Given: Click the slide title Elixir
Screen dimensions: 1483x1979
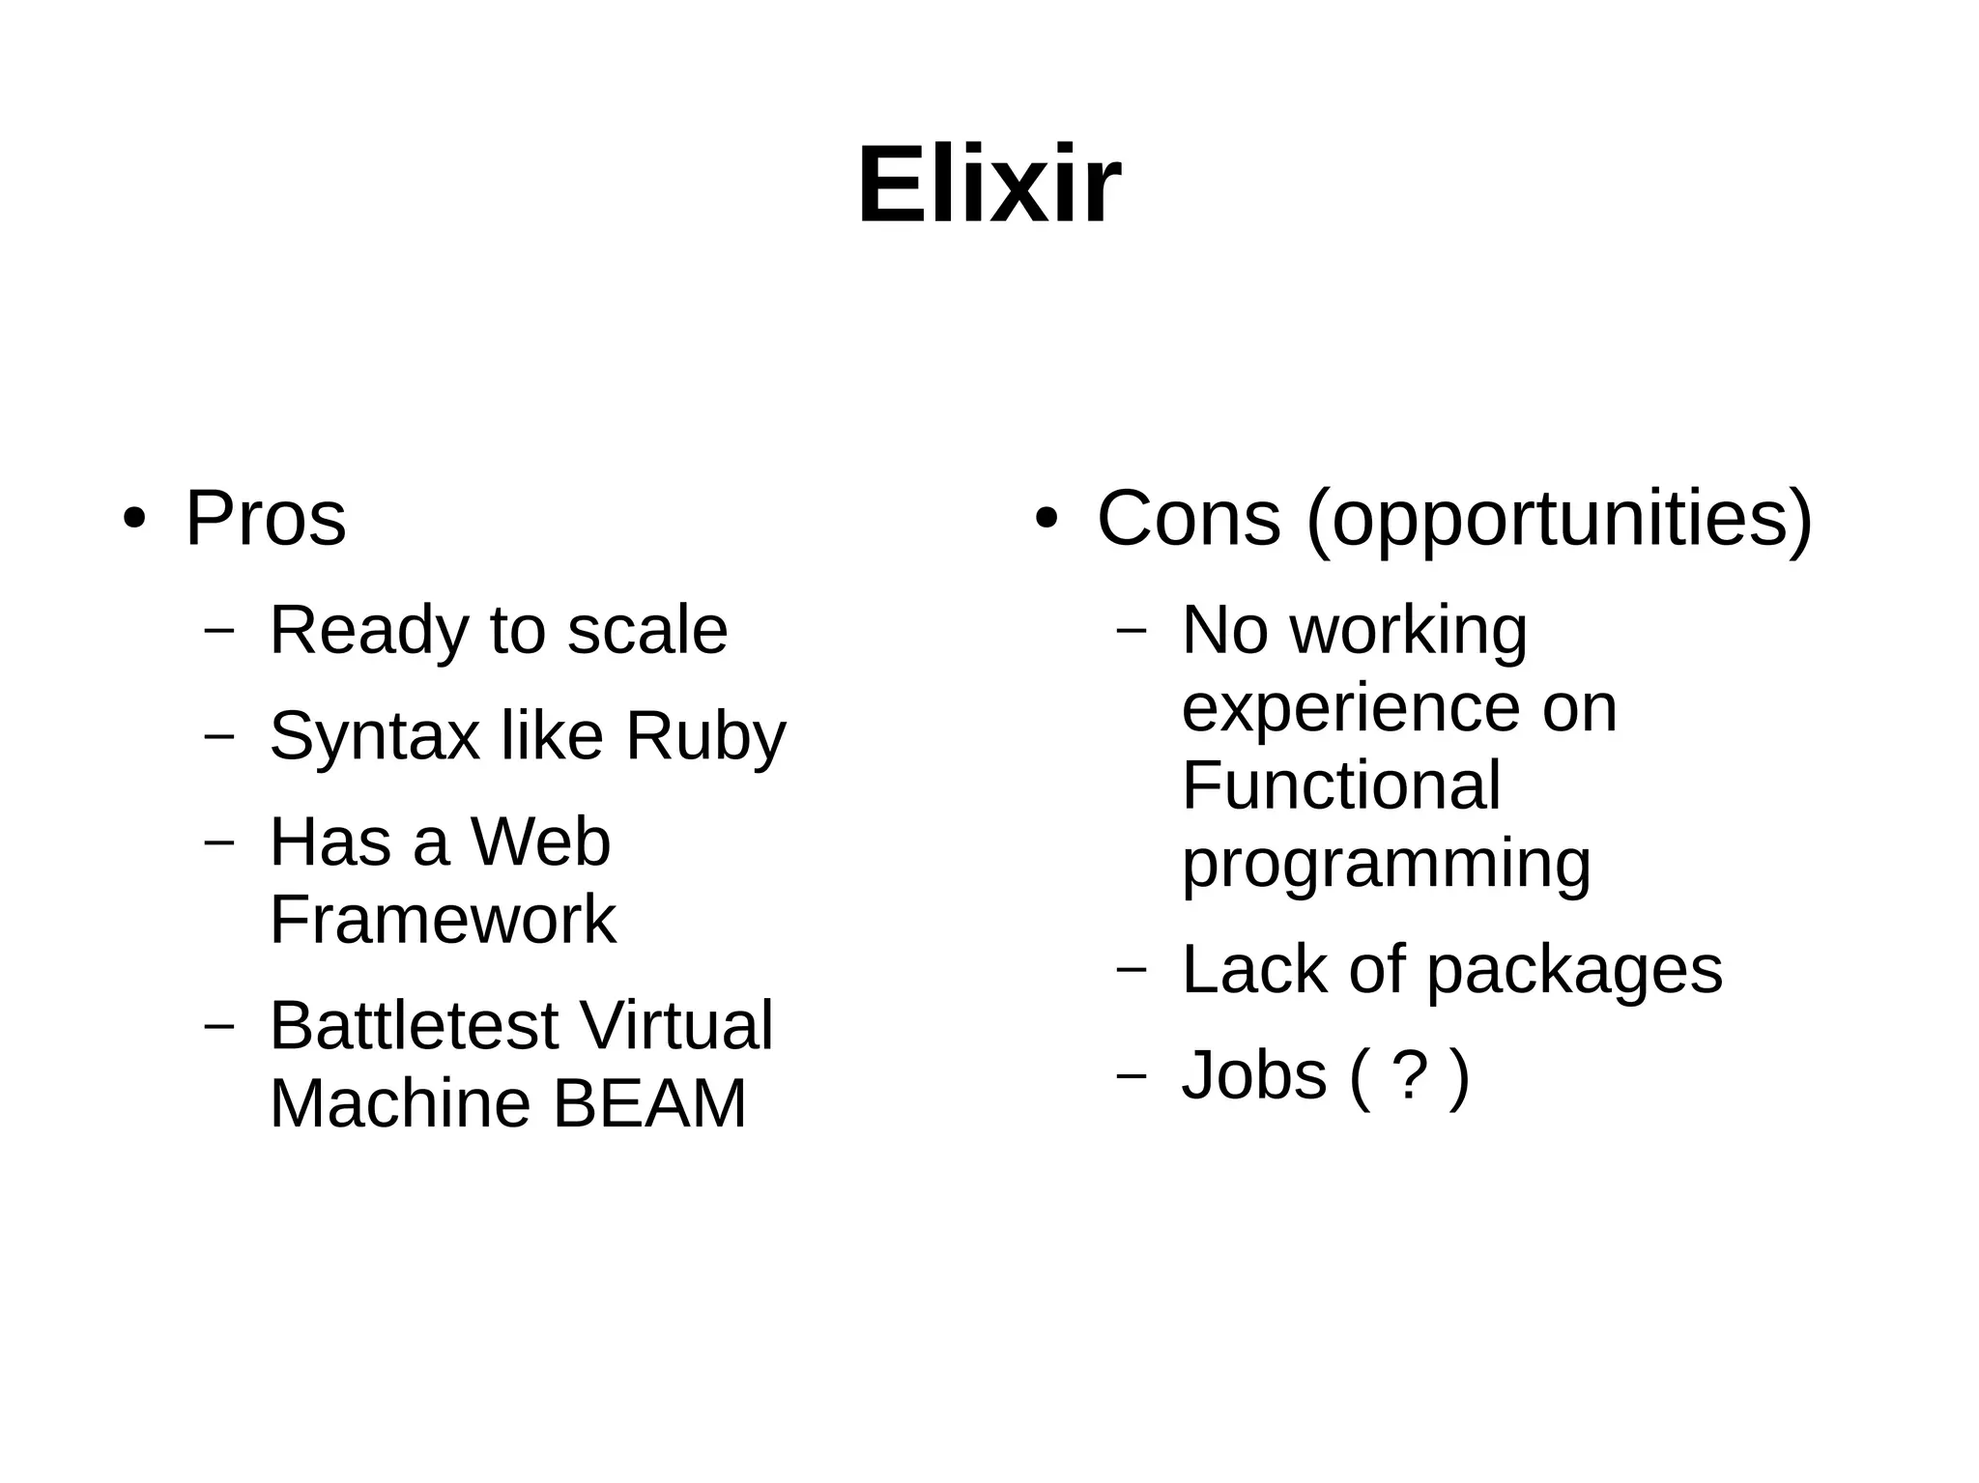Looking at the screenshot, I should click(989, 185).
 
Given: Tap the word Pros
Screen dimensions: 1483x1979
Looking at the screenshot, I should click(265, 519).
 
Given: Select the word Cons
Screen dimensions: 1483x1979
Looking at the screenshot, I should click(1189, 519).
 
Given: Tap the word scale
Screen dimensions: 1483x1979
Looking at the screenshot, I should click(646, 630).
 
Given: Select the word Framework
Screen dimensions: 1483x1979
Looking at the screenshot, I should click(443, 920).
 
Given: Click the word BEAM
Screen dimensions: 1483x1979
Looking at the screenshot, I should click(649, 1103).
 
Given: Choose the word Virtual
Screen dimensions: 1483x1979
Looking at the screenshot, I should click(675, 1025).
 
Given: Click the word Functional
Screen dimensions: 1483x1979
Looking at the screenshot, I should click(1340, 784).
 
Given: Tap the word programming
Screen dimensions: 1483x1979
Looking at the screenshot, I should click(1386, 866).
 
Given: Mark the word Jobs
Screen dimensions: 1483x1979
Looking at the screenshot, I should click(1253, 1075).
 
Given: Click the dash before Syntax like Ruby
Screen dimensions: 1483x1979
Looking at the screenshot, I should click(220, 735).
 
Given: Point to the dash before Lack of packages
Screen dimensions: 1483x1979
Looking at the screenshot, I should click(1132, 969).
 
